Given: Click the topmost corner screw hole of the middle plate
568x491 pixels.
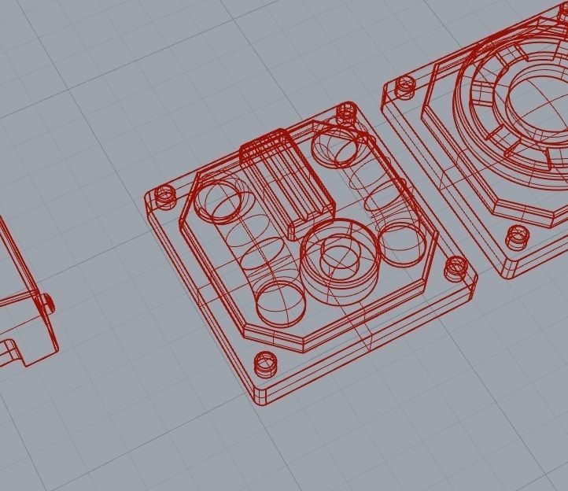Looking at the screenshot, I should [x=346, y=112].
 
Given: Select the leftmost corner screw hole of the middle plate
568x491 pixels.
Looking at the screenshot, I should [x=165, y=194].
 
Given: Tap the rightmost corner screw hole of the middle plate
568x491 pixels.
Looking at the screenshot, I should [x=455, y=268].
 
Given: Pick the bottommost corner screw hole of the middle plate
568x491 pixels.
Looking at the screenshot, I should [x=265, y=364].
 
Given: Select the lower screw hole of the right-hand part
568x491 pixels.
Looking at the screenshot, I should [x=517, y=234].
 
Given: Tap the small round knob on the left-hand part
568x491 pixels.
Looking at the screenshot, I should [x=47, y=301].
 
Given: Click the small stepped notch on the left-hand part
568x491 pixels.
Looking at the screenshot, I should [x=9, y=346].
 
